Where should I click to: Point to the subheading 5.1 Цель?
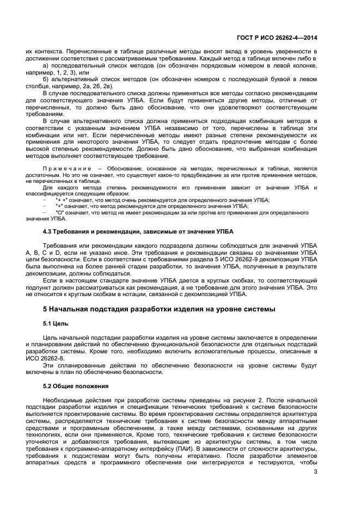tap(55, 323)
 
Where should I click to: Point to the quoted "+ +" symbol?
tap(62, 200)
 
